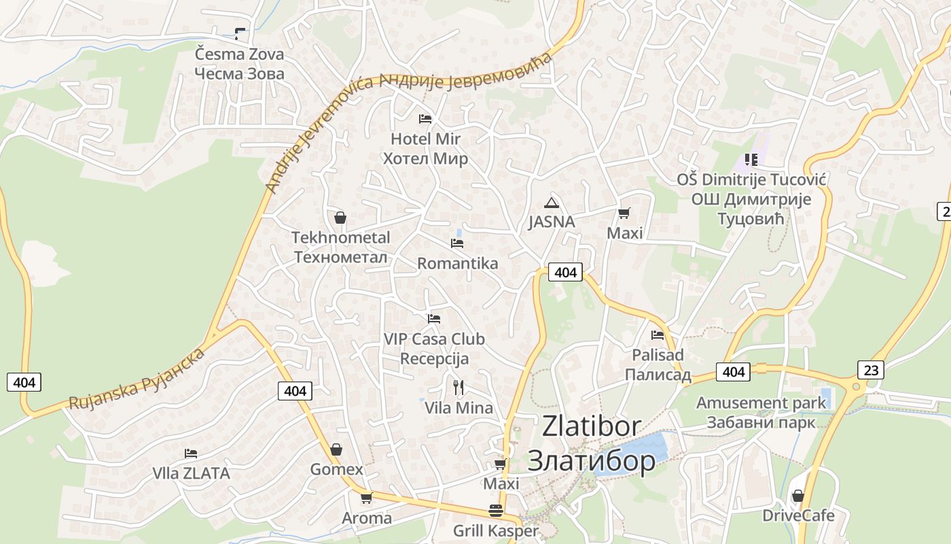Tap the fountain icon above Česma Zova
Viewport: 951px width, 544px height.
point(240,33)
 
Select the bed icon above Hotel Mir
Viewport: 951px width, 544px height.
point(425,118)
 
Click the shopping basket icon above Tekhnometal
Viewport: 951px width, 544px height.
point(340,218)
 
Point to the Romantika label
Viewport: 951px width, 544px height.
point(457,263)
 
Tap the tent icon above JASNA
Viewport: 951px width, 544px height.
point(551,202)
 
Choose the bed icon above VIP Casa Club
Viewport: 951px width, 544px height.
point(434,318)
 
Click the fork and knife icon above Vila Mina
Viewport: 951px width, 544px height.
point(459,388)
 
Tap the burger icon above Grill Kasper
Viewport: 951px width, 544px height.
point(496,511)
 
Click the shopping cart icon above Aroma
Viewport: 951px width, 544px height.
point(367,498)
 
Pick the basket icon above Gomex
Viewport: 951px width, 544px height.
point(336,449)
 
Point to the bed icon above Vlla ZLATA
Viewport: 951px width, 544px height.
point(191,453)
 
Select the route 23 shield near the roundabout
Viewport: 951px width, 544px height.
point(871,370)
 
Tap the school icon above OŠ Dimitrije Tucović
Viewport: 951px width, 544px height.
point(751,160)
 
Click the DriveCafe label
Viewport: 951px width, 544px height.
point(798,515)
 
